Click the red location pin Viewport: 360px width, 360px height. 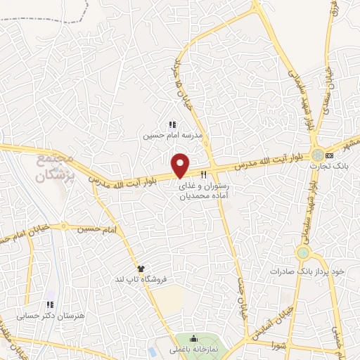181,165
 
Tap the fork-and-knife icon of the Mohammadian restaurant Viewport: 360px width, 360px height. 204,174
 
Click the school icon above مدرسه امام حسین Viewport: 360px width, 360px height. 172,124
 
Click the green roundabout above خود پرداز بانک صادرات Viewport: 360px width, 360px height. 303,252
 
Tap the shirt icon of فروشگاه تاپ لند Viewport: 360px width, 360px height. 141,269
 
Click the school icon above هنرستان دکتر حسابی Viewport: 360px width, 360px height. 50,305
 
